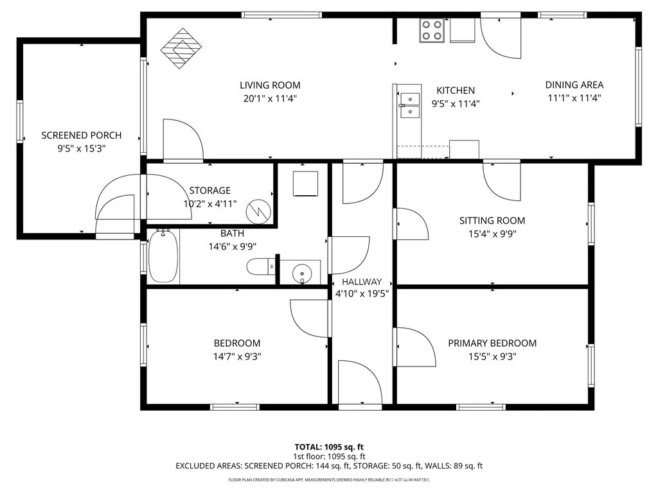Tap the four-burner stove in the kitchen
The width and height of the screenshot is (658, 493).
(x=431, y=30)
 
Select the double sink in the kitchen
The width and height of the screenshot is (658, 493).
(x=409, y=105)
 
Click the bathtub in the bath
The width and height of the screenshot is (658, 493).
(x=163, y=257)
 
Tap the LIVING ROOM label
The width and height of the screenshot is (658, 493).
(x=270, y=85)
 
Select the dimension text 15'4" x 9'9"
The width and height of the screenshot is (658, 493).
(x=492, y=234)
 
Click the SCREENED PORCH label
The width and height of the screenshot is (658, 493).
(x=82, y=135)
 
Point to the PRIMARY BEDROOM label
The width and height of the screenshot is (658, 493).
(x=492, y=343)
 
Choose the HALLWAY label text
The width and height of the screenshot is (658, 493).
(x=362, y=282)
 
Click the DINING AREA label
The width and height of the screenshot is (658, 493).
(x=574, y=85)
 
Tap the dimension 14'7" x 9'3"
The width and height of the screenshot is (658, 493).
(x=237, y=356)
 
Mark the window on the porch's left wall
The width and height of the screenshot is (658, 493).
(x=20, y=122)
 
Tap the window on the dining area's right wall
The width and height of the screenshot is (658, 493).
(x=638, y=87)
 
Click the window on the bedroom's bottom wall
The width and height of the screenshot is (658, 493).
(x=235, y=406)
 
